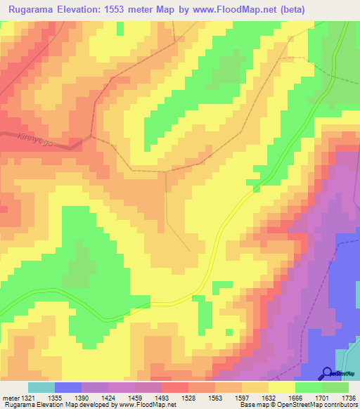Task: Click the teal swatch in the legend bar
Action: coord(41,387)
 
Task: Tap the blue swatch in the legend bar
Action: coord(68,387)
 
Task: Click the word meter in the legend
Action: coord(9,397)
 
